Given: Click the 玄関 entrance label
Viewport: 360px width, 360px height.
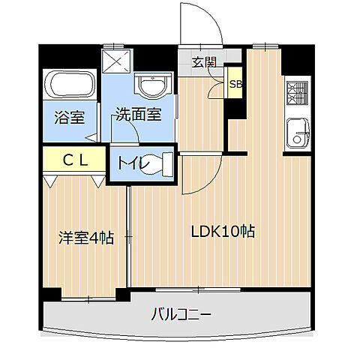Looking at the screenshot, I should [202, 62].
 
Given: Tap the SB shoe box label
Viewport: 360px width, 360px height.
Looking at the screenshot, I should [235, 84].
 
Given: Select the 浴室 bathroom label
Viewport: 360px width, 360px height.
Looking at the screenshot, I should [67, 117].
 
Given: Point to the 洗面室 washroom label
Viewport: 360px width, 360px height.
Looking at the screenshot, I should [138, 115].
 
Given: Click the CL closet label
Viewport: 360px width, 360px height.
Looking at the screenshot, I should [73, 159].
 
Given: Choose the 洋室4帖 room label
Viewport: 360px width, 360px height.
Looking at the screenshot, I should [86, 238].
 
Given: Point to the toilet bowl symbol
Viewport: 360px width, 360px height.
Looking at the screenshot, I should [160, 163].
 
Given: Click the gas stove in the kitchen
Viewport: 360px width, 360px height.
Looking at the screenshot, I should [293, 93].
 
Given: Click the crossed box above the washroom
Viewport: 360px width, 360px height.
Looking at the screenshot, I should [116, 60].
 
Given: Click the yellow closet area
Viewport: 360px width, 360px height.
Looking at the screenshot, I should [73, 160].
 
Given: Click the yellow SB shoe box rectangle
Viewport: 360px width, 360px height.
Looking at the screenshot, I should [235, 85].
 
